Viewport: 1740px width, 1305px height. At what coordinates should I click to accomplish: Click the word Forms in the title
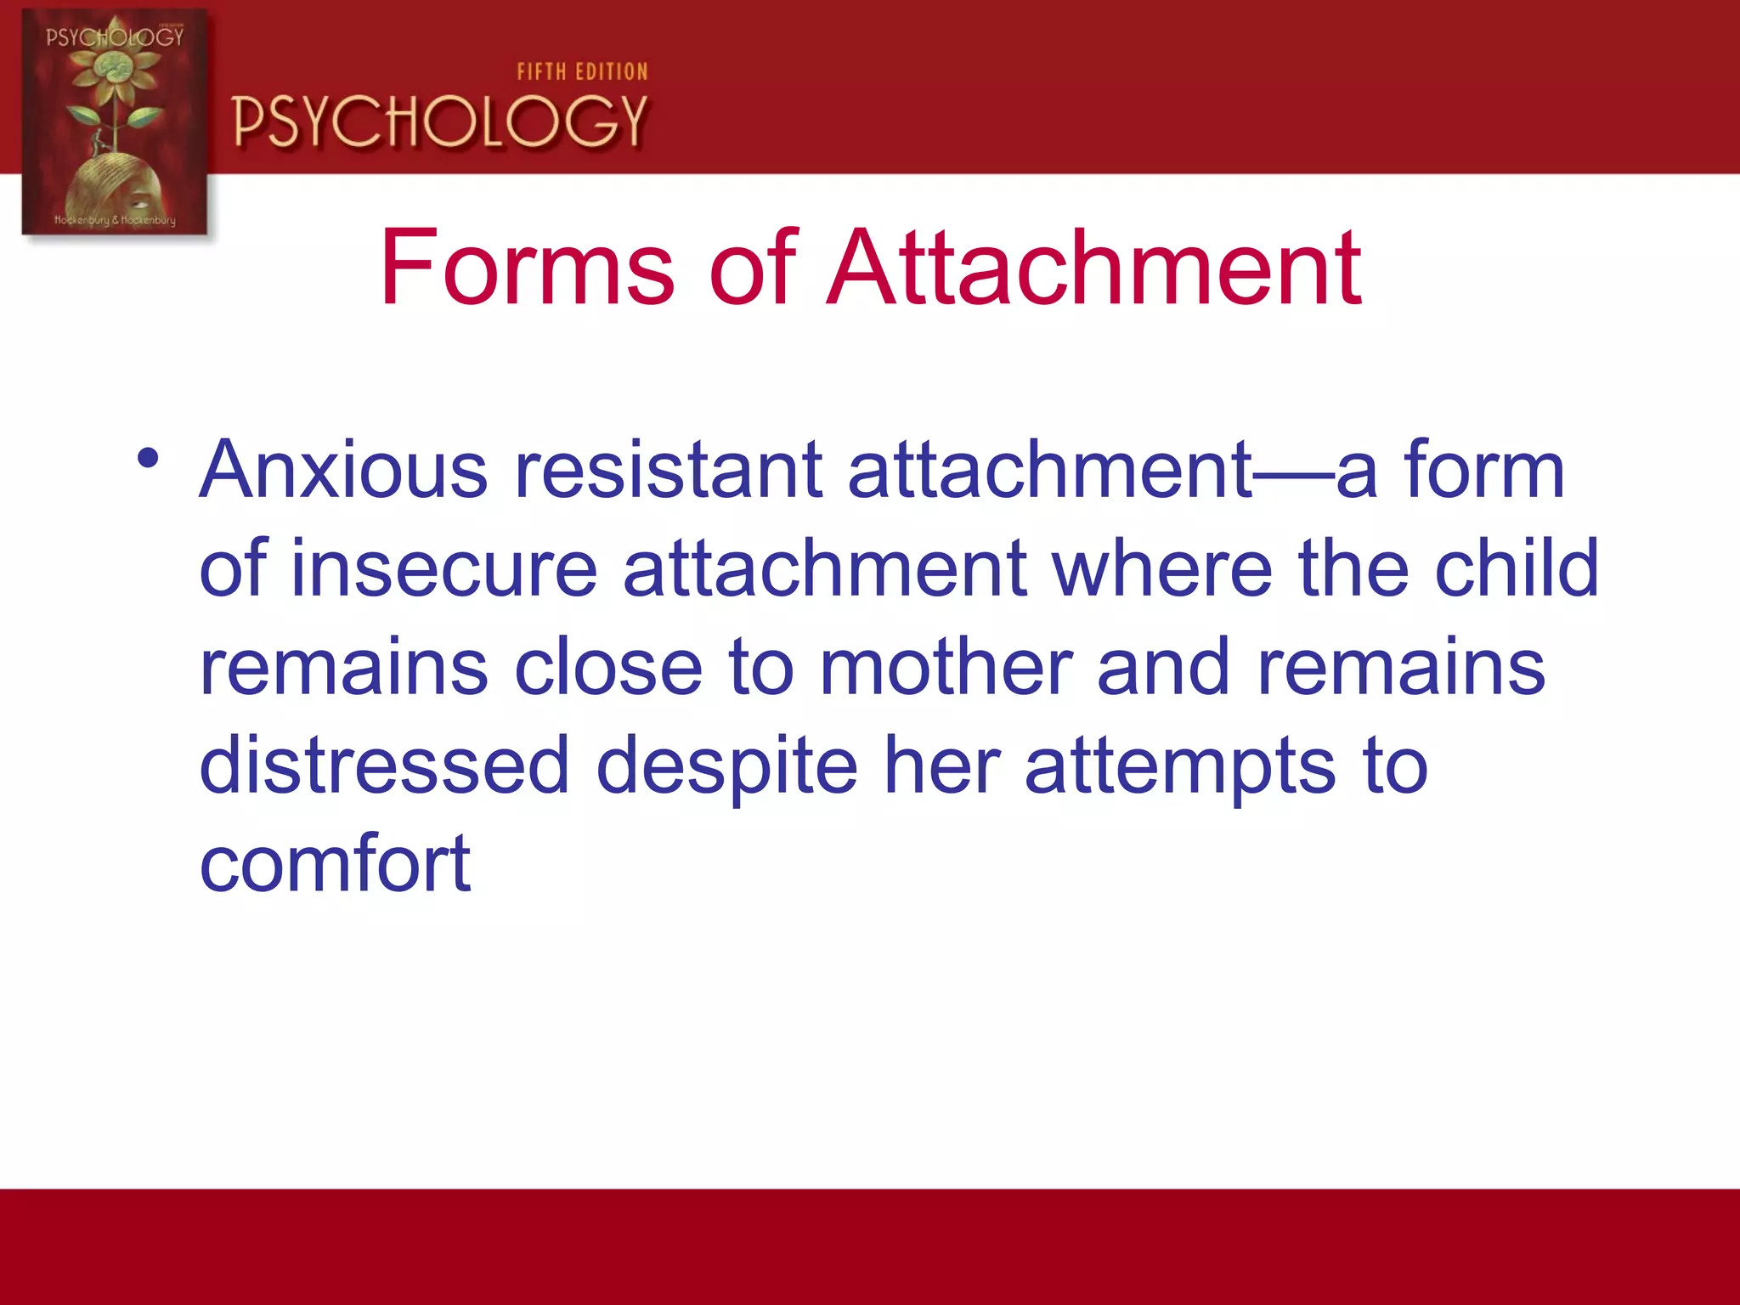tap(528, 268)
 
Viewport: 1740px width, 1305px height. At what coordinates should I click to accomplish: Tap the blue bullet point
tap(148, 459)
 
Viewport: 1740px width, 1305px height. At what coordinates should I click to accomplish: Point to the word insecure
tap(443, 568)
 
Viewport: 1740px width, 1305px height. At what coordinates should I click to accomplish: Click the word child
tap(1517, 568)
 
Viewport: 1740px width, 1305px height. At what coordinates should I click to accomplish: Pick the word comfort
tap(335, 865)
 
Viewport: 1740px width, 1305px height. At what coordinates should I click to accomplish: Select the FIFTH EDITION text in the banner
tap(582, 72)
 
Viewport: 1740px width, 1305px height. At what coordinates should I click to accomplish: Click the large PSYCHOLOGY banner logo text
tap(440, 121)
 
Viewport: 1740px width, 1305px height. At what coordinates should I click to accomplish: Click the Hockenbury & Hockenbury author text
tap(115, 220)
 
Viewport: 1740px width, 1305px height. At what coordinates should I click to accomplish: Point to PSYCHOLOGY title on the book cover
tap(115, 37)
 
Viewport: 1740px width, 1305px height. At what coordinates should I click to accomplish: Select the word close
tap(608, 668)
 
